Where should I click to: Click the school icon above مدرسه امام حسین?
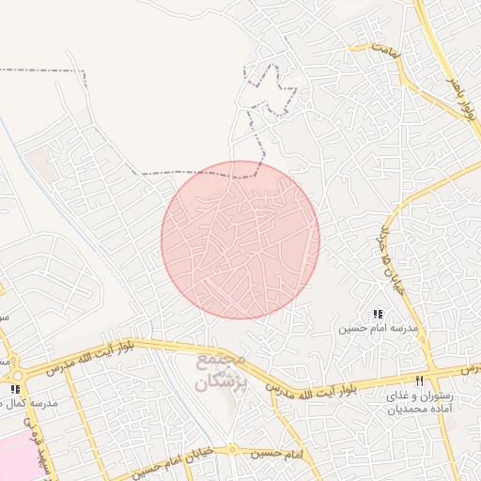[x=378, y=315]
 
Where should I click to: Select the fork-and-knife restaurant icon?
[x=420, y=380]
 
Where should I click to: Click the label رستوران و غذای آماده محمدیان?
[x=420, y=403]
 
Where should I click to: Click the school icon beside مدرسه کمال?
[x=14, y=388]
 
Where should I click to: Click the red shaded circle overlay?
[x=240, y=240]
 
